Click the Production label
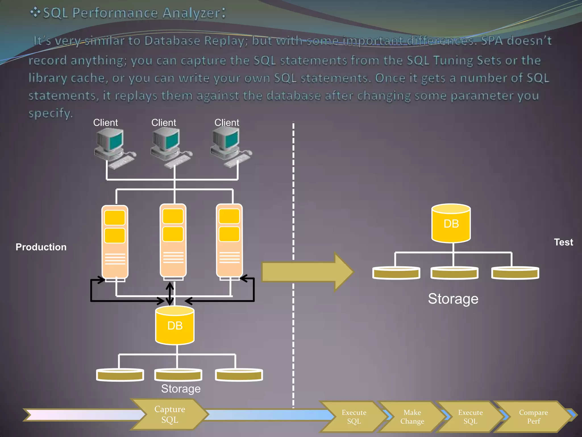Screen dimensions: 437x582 click(x=41, y=247)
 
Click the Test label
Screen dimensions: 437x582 click(x=563, y=242)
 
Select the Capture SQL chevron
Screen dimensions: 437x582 click(x=170, y=414)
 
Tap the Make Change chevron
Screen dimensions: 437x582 click(x=412, y=417)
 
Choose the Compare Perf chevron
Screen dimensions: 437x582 click(x=533, y=417)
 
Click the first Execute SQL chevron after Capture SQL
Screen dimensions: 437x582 click(x=354, y=417)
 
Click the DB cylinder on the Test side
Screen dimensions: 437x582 click(x=451, y=224)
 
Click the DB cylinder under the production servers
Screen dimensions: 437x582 click(x=175, y=326)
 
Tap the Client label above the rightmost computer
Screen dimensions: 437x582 click(x=226, y=123)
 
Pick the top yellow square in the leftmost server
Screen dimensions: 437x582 click(x=115, y=218)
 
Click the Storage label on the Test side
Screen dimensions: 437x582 click(x=453, y=299)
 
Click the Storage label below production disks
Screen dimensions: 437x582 click(x=181, y=389)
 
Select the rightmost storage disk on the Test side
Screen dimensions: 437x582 click(x=515, y=273)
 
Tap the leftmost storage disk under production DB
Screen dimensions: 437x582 click(x=120, y=375)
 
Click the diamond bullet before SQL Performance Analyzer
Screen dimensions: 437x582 click(x=35, y=13)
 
